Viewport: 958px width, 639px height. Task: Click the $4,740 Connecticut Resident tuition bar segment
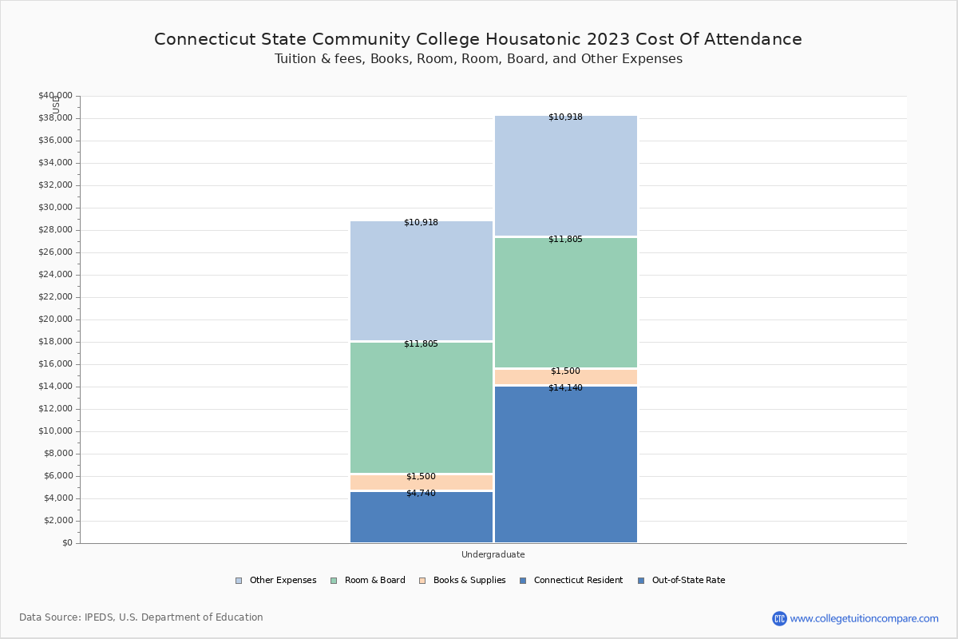click(x=422, y=518)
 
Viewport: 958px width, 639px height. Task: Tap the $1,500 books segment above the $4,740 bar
click(x=422, y=482)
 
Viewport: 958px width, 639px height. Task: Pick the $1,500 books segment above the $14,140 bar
click(x=566, y=377)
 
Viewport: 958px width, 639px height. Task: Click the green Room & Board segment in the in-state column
click(x=422, y=407)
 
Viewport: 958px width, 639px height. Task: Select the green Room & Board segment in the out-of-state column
click(x=566, y=303)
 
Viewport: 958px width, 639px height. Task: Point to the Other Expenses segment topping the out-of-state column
click(x=566, y=176)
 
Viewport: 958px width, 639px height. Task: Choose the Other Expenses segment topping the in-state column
click(x=422, y=281)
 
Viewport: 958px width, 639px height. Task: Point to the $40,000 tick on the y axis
click(x=55, y=96)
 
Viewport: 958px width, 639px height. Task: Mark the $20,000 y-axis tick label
click(x=55, y=319)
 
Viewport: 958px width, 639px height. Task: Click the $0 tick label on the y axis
click(x=66, y=543)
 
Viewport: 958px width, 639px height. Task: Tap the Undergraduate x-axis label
click(x=493, y=554)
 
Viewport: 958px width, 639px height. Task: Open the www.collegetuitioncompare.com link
click(x=864, y=618)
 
